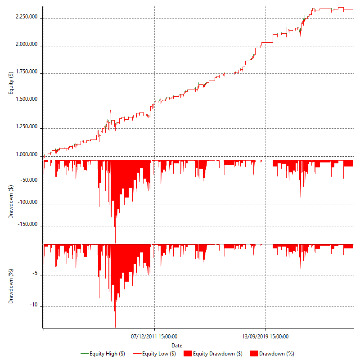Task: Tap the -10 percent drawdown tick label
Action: pos(35,306)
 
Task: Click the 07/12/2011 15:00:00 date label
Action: pos(154,336)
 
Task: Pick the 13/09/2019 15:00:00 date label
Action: pos(265,336)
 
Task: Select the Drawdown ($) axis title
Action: pos(11,201)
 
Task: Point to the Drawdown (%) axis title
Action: pos(11,286)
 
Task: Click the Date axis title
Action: pos(177,345)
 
